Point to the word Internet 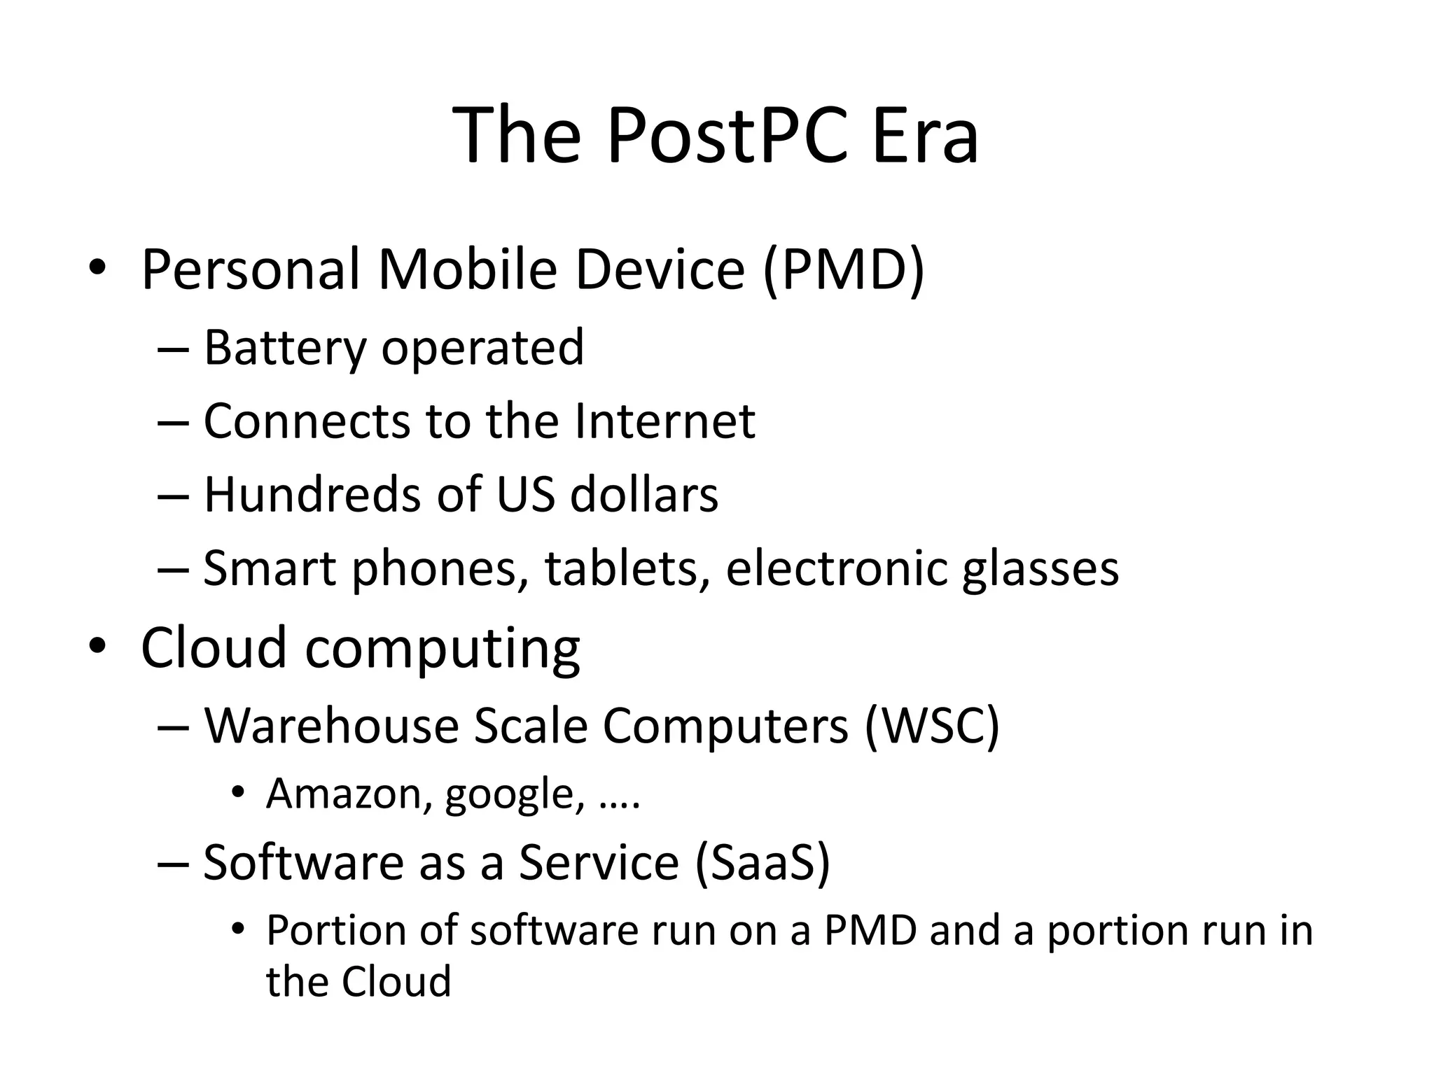[664, 421]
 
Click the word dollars [644, 495]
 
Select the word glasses [1040, 568]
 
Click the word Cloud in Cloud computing [214, 647]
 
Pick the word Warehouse [331, 726]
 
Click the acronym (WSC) [932, 726]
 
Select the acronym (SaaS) [763, 862]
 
